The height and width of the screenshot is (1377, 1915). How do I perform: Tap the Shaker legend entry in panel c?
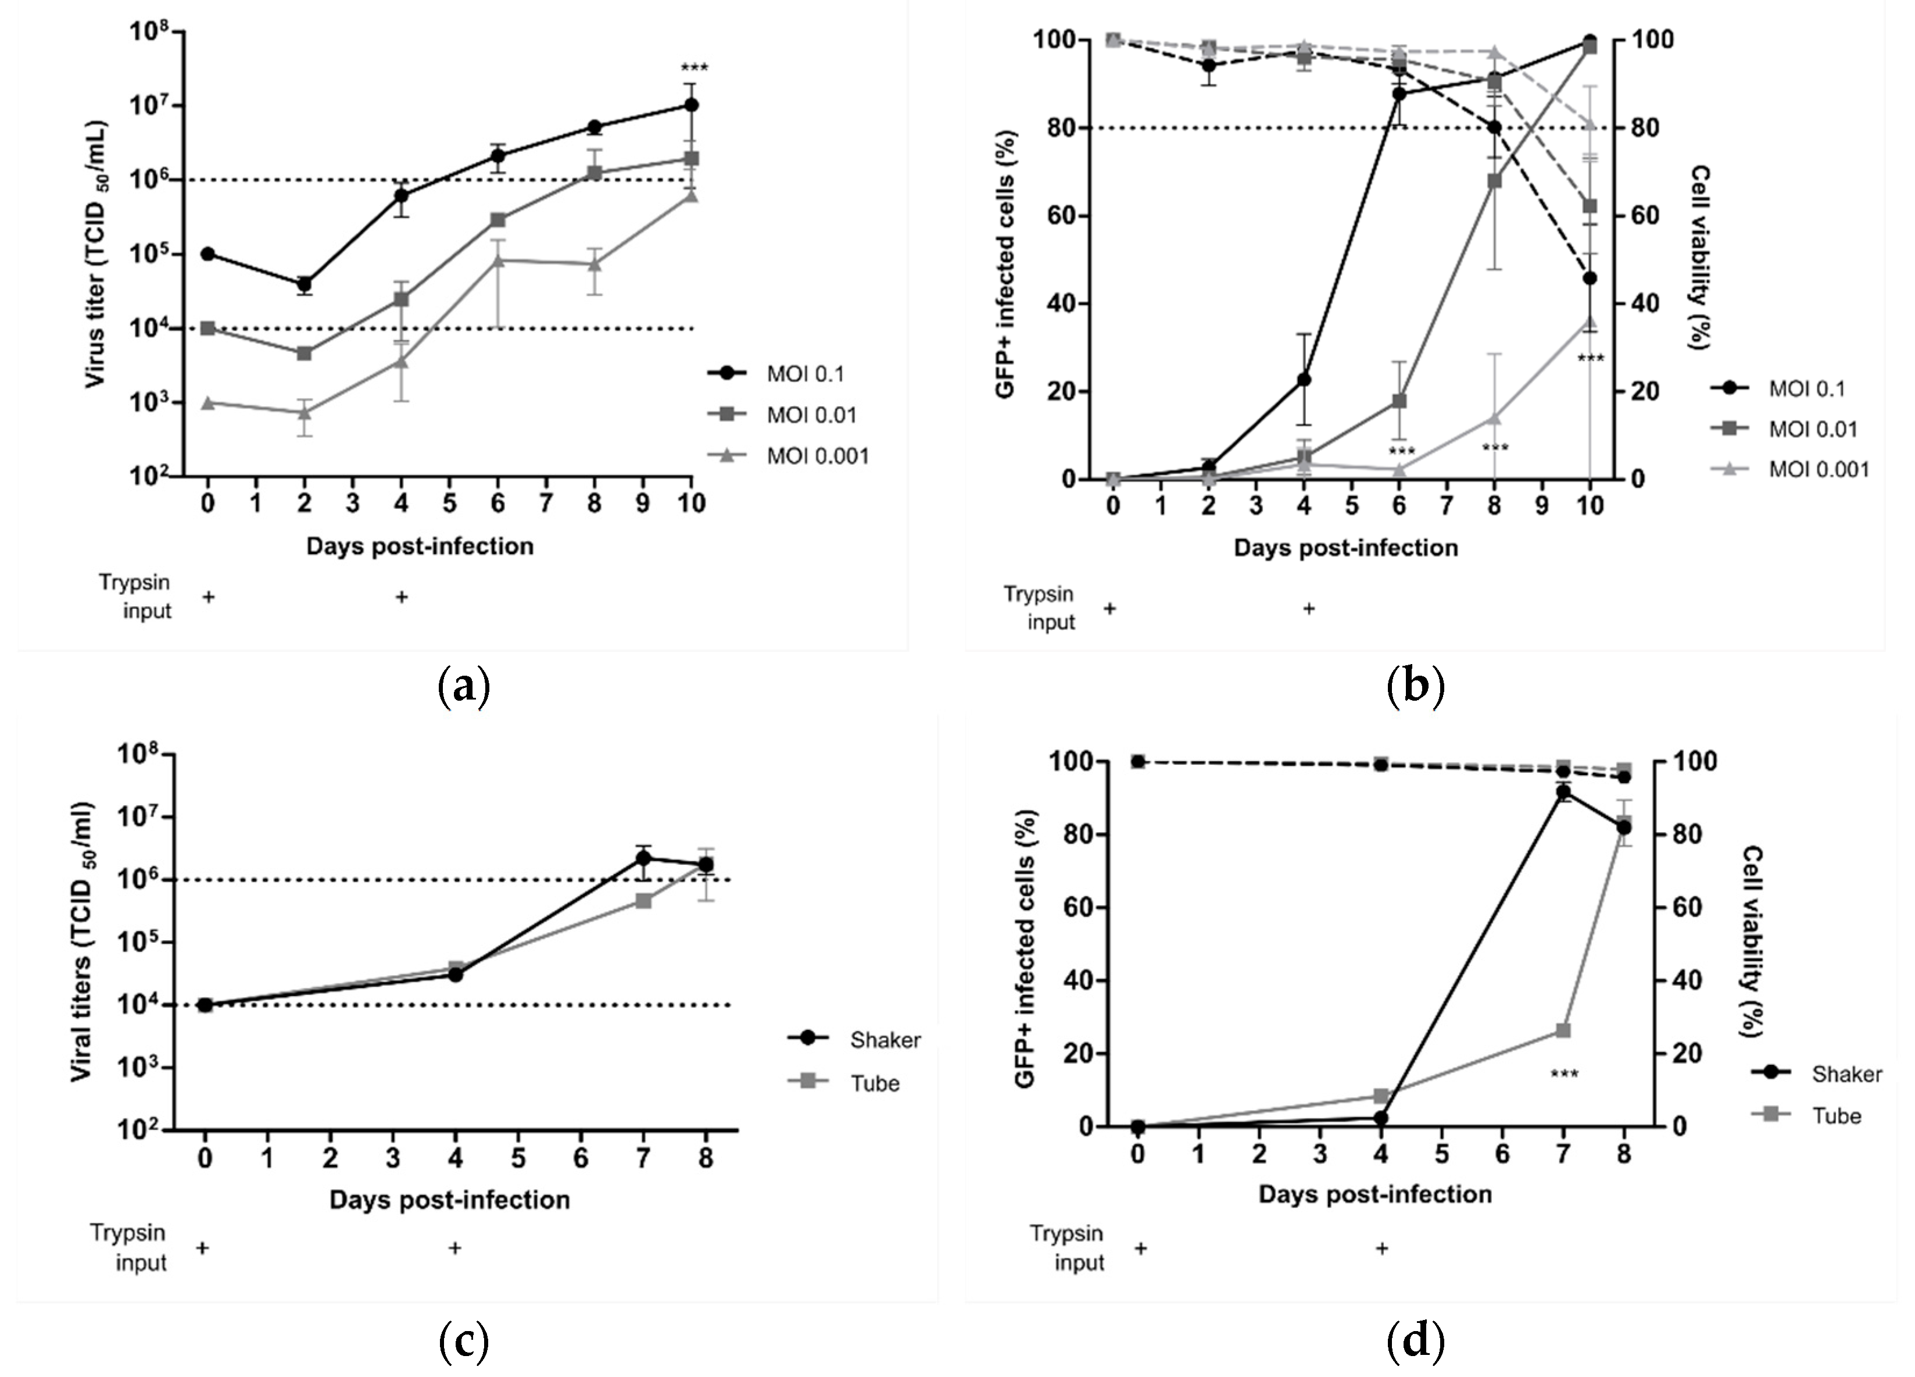(884, 1039)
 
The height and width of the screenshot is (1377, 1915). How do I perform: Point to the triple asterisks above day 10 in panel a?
(694, 67)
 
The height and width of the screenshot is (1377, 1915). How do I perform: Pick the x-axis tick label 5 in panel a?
(449, 504)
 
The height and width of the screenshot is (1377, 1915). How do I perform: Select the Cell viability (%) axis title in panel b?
(1699, 257)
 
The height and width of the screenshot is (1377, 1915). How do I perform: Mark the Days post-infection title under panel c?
(449, 1200)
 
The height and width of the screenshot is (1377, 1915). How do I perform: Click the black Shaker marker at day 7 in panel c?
(643, 858)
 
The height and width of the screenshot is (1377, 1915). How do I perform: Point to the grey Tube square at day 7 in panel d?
(1563, 1030)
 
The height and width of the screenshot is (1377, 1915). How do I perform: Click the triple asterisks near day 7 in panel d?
(1564, 1075)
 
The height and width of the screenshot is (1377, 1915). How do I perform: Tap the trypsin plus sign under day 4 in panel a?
(402, 597)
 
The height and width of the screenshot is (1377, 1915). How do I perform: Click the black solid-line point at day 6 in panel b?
(1399, 94)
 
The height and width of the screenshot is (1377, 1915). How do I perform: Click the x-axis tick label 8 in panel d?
(1623, 1154)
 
